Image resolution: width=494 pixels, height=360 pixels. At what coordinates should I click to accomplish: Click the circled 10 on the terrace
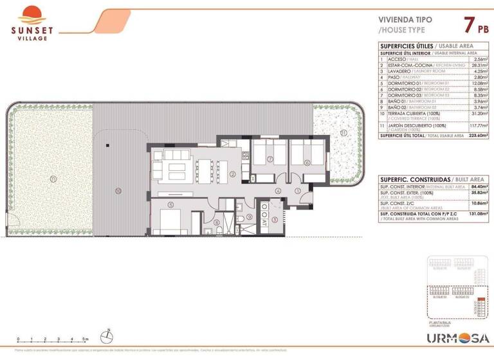tap(118, 190)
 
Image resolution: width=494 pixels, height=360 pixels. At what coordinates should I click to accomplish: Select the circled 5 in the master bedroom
tap(171, 205)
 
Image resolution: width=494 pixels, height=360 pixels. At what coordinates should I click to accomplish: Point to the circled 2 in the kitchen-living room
tap(233, 174)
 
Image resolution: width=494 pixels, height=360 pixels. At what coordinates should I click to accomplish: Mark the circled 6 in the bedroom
tap(307, 162)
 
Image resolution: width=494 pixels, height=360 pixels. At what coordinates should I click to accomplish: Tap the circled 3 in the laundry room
tap(275, 220)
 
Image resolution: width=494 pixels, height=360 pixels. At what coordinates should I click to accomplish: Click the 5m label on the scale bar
tap(86, 339)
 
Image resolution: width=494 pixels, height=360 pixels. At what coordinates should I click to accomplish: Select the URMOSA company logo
tap(458, 337)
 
